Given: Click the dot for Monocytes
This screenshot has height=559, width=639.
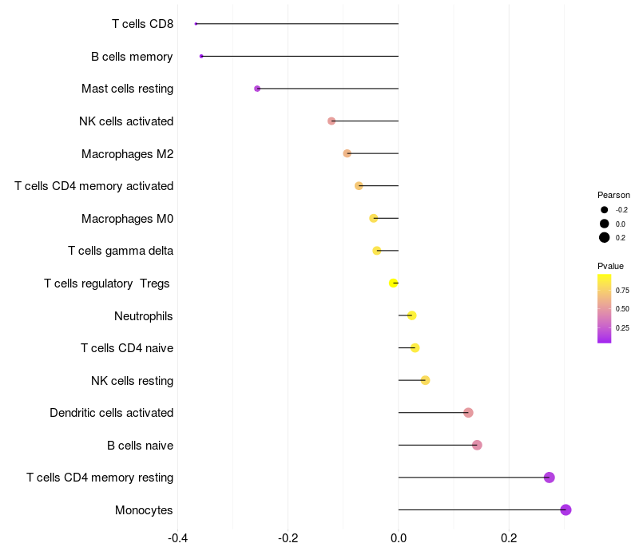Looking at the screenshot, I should click(566, 510).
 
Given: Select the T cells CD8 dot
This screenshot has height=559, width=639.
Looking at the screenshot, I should click(196, 24).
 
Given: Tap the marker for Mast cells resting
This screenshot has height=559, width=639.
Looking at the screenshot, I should click(257, 89).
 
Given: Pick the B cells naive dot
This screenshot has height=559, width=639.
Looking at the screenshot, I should click(477, 445).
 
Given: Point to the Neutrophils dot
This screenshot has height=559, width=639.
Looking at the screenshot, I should click(411, 315).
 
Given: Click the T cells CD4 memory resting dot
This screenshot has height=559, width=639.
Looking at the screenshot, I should click(549, 478).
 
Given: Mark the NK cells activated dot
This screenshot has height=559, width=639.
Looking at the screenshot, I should click(331, 121).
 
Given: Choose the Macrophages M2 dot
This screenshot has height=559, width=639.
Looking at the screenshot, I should click(347, 153).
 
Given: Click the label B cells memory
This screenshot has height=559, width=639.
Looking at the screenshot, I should click(132, 57).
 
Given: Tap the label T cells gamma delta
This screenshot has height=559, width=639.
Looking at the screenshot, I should click(121, 251).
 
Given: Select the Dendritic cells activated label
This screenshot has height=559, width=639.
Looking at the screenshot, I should click(111, 413).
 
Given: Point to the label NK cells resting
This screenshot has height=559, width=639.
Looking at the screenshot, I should click(132, 380).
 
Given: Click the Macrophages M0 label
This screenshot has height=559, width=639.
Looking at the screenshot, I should click(127, 219).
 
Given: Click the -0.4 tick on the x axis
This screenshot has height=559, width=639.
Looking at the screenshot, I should click(178, 538).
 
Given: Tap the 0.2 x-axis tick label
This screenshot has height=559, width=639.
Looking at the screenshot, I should click(509, 538).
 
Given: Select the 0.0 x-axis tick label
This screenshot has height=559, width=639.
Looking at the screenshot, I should click(399, 538).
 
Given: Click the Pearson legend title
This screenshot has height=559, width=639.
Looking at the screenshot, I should click(613, 195).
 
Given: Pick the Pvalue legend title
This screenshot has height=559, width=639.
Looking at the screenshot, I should click(610, 266).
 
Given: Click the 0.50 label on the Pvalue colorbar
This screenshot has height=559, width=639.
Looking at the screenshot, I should click(622, 308).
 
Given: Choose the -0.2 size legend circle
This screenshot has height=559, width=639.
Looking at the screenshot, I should click(605, 210).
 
